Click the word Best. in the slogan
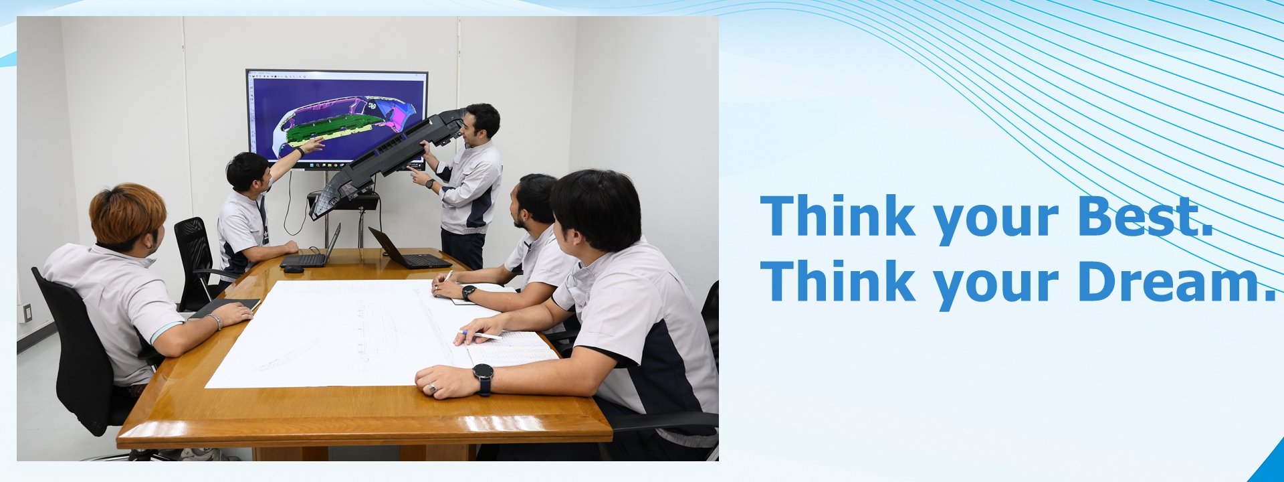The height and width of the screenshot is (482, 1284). [x=1146, y=216]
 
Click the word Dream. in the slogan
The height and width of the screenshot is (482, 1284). [x=1177, y=282]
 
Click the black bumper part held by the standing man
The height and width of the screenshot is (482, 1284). [x=385, y=161]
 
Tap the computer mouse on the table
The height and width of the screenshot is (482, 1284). [x=293, y=269]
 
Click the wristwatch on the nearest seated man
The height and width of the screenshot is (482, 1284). [x=483, y=378]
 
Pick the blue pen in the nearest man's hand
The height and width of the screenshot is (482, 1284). [x=479, y=334]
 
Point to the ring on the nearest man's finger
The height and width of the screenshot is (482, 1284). [x=432, y=387]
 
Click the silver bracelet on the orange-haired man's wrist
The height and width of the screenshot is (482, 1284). [x=216, y=321]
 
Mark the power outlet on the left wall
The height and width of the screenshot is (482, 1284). [x=27, y=312]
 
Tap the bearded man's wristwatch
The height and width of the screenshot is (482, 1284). [x=468, y=293]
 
